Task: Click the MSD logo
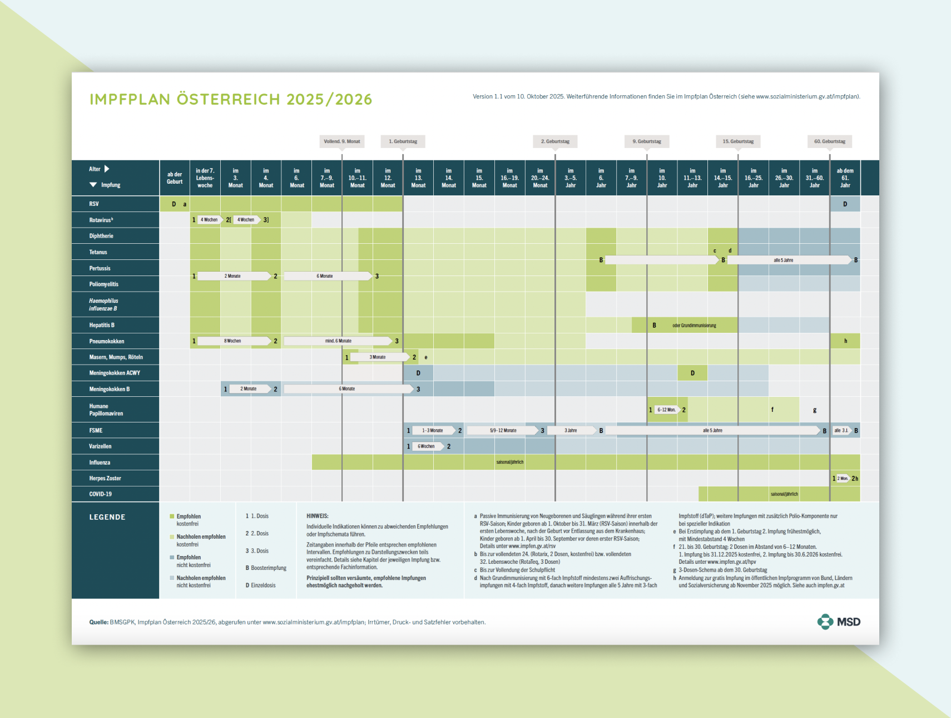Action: tap(839, 622)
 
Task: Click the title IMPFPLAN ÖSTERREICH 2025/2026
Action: tap(231, 99)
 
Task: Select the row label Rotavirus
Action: tap(101, 220)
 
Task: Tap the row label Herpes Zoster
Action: tap(105, 478)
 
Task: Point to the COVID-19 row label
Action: tap(101, 494)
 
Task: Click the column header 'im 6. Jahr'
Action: tap(601, 178)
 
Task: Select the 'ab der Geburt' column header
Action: tap(175, 178)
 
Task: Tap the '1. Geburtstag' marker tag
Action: tap(403, 141)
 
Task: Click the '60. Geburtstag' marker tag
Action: tap(829, 141)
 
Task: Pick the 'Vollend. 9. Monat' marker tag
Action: tap(342, 141)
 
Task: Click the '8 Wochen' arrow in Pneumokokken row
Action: tap(233, 341)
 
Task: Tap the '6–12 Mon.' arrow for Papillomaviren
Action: tap(666, 410)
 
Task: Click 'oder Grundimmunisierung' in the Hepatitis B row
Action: tap(694, 325)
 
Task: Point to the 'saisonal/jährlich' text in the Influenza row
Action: tap(509, 462)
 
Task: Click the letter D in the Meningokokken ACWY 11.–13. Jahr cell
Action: tap(692, 373)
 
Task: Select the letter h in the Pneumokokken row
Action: tap(845, 341)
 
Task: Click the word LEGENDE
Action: tap(107, 517)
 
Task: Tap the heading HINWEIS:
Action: tap(318, 516)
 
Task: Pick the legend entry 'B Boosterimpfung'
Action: tap(266, 568)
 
